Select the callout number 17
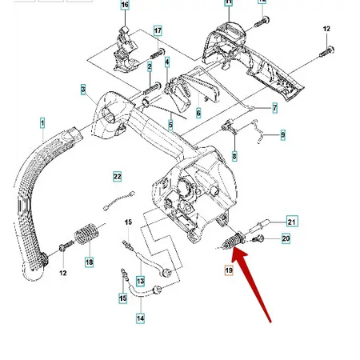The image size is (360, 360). [x=158, y=31]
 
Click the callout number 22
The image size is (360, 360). [x=117, y=176]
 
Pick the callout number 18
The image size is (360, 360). [x=89, y=262]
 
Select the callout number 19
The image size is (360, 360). [x=228, y=273]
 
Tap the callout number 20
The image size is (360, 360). [x=286, y=238]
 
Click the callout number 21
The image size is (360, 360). [x=291, y=222]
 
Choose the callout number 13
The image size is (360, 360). [x=140, y=281]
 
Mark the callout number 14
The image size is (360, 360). [x=140, y=318]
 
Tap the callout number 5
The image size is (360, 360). [x=170, y=124]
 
